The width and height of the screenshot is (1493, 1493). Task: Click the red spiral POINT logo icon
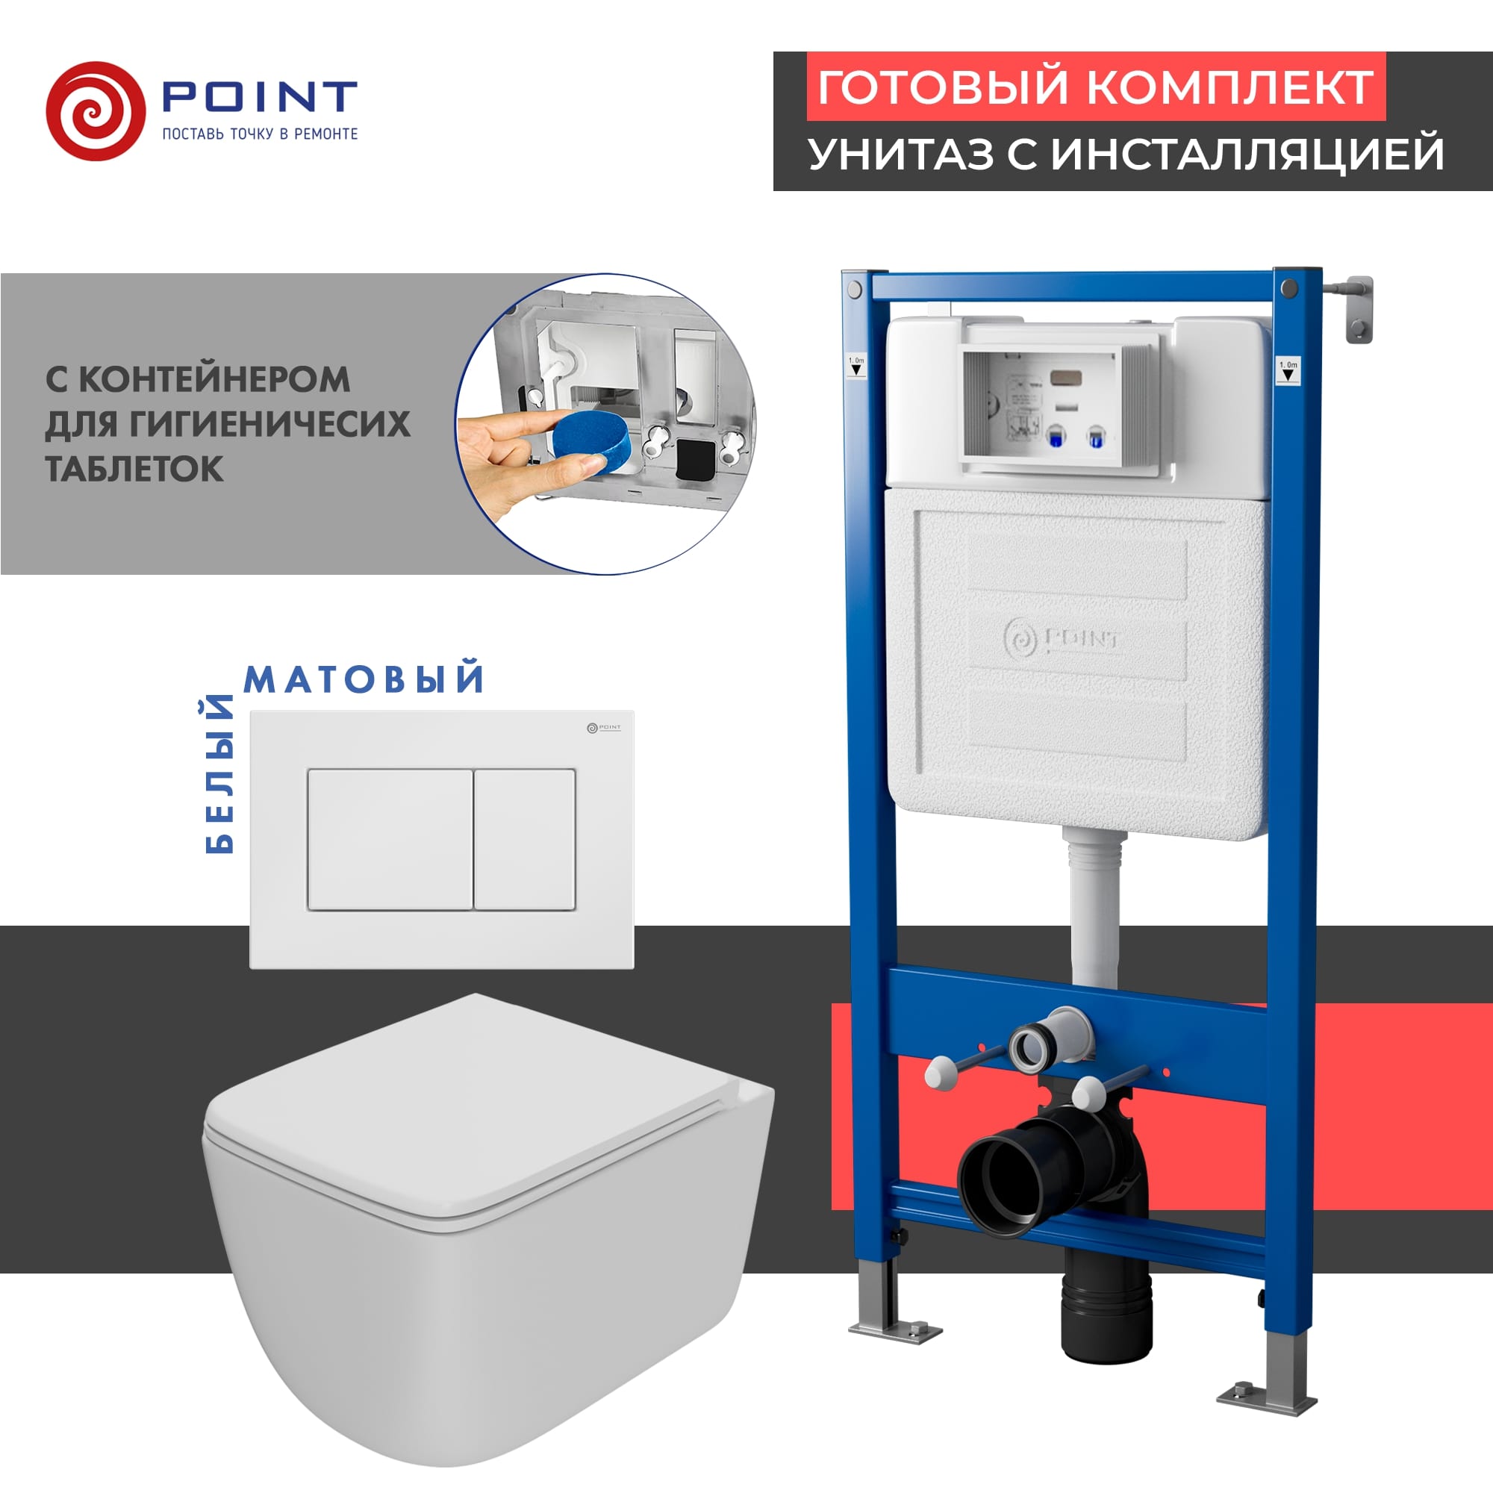[x=96, y=111]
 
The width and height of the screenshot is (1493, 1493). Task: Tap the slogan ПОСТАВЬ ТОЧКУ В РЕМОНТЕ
[x=260, y=134]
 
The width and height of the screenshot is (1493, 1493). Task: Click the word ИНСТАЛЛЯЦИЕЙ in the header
[x=1247, y=153]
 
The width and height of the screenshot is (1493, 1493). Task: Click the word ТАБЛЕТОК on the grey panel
[x=134, y=468]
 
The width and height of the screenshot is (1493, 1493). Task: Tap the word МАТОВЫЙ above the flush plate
[x=364, y=679]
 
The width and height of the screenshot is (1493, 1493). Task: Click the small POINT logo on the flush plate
[x=603, y=727]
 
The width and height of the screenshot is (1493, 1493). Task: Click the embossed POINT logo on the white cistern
[x=1062, y=640]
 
